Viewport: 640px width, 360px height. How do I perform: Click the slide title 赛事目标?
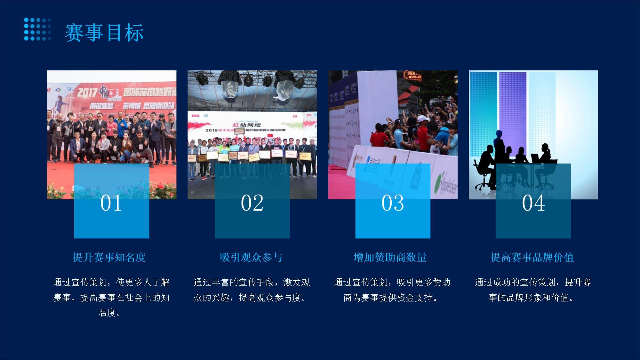click(x=104, y=33)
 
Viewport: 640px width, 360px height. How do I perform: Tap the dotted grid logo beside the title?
click(x=37, y=29)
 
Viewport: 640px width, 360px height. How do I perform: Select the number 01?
click(x=111, y=203)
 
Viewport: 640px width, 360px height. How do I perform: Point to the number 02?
click(x=252, y=203)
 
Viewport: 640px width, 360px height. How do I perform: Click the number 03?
click(x=393, y=203)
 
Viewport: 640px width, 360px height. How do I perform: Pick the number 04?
click(x=533, y=203)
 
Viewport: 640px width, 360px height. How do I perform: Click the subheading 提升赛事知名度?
click(x=109, y=257)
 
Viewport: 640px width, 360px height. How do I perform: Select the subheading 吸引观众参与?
click(x=251, y=257)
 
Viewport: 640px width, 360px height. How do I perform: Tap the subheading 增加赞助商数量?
click(x=390, y=257)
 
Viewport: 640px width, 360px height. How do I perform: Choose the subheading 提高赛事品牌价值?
click(x=532, y=257)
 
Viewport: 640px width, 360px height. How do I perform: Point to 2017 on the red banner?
click(x=87, y=92)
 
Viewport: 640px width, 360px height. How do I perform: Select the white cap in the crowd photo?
click(x=423, y=119)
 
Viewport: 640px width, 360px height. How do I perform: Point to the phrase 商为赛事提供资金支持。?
click(x=390, y=298)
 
